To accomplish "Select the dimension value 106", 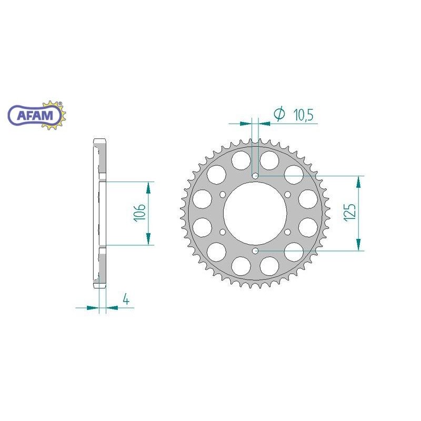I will coord(138,214).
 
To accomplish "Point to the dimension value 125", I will coord(351,211).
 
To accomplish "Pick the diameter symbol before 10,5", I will coord(279,114).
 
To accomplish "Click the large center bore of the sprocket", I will coord(255,213).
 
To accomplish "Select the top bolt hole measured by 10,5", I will coord(255,175).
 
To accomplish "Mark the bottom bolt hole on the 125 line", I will coord(255,251).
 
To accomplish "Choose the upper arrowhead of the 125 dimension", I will coord(359,182).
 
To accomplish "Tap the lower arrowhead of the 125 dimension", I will coord(359,244).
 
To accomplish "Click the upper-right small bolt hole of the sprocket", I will coord(288,194).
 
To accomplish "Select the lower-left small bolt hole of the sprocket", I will coord(222,232).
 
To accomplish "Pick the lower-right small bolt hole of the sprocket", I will coord(288,232).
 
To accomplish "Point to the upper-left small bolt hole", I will coord(222,194).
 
